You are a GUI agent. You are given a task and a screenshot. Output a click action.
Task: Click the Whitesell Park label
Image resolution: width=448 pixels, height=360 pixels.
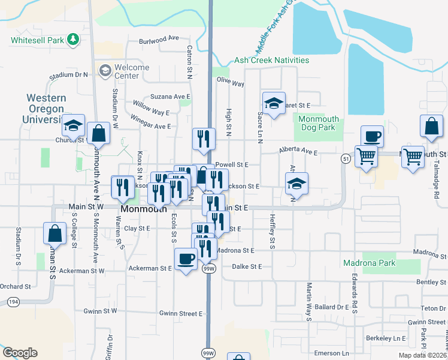point(37,40)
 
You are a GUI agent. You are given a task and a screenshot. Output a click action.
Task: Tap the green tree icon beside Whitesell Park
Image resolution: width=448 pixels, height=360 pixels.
point(73,40)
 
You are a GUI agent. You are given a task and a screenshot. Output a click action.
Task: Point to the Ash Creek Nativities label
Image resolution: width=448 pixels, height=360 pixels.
point(271,60)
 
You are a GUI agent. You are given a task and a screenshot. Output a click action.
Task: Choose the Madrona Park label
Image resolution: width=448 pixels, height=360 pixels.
point(370,263)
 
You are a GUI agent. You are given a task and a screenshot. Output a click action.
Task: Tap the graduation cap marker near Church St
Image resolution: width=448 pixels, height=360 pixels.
point(72,125)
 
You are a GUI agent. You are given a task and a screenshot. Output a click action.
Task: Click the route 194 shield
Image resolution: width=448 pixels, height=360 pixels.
point(11,301)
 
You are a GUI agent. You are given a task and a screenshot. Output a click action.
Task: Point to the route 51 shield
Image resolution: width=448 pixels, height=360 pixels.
point(346,158)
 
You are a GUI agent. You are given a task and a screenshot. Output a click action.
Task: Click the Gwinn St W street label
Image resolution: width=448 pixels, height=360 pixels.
point(101,311)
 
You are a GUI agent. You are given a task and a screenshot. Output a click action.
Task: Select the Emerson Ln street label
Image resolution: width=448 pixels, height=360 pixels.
point(332,353)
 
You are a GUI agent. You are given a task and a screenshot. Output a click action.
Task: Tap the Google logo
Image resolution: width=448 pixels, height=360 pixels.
point(20,353)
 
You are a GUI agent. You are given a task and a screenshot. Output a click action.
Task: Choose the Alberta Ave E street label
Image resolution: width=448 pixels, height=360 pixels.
point(298,152)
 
